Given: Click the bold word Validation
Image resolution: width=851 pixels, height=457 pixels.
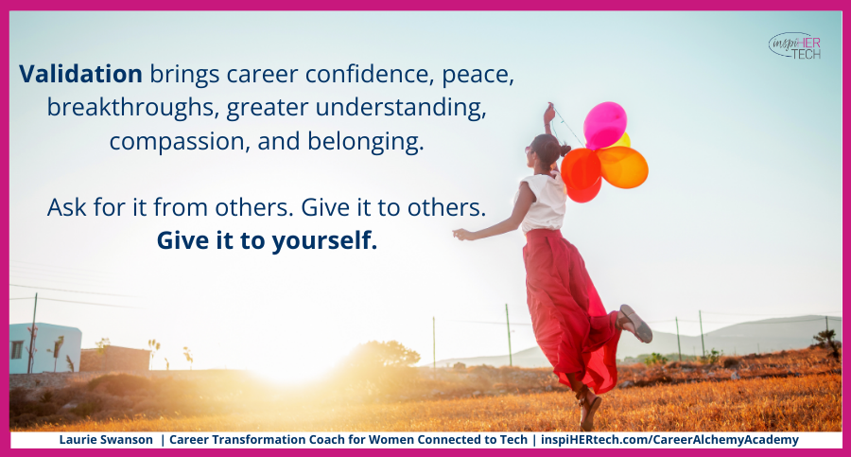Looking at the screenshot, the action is [81, 74].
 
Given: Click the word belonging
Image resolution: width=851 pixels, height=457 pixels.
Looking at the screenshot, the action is [366, 142].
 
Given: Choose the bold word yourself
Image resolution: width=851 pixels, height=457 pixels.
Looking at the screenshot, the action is [324, 240].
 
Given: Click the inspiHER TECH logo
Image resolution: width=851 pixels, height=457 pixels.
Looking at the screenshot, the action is [795, 46].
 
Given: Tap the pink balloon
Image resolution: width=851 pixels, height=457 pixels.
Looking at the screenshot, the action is [604, 125].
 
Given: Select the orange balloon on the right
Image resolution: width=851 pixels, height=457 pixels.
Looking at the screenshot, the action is [622, 167].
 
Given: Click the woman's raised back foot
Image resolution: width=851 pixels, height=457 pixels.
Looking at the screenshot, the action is [635, 323].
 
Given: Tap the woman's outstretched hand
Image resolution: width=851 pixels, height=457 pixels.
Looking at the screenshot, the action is [460, 235].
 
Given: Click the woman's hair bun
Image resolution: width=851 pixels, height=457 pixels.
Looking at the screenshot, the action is [565, 150].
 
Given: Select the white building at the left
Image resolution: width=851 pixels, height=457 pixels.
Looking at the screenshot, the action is [45, 348].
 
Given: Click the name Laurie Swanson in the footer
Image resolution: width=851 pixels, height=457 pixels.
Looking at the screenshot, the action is [106, 440].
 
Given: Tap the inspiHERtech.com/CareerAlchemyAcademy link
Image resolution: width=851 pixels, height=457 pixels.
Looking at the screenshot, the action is [669, 440].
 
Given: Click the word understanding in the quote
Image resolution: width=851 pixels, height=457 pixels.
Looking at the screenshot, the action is [401, 107].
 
